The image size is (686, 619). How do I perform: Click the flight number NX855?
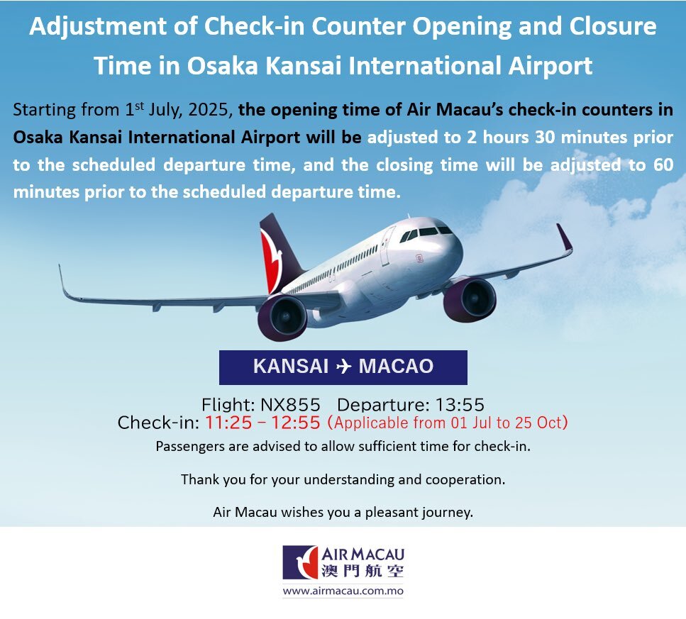coord(290,405)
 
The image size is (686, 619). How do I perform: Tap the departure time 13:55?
coord(460,405)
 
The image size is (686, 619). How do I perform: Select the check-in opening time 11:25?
coord(228,423)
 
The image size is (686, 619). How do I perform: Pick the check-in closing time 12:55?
coord(296,423)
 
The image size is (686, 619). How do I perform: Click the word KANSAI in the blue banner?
coord(290,367)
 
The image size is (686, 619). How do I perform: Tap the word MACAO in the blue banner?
coord(396,367)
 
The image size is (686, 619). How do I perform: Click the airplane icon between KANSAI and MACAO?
coord(343,367)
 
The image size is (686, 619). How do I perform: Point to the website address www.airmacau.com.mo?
coord(343,591)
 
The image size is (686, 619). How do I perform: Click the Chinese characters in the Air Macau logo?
coord(363,571)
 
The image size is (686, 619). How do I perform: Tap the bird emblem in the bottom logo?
coord(300,562)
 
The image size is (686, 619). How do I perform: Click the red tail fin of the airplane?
coord(271,262)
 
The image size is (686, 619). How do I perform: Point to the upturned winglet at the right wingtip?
coord(565,238)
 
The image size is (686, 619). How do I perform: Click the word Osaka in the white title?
coord(222,66)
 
